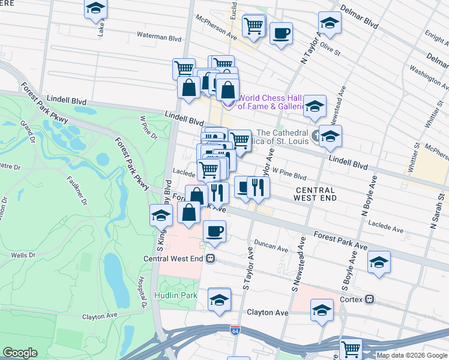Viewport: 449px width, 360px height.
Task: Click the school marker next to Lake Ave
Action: pos(95,9)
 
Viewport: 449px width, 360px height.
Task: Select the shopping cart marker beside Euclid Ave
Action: pos(254,26)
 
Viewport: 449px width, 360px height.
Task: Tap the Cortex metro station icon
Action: pos(371,299)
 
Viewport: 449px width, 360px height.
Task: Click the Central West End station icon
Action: pos(210,259)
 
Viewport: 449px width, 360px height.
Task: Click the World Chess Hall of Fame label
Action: pos(273,102)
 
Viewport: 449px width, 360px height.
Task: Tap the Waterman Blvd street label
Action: pos(158,37)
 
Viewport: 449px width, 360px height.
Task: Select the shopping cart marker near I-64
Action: pos(351,348)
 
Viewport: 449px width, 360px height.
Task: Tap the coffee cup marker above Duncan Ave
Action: pos(214,231)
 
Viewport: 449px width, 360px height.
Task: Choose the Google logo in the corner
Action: pos(20,353)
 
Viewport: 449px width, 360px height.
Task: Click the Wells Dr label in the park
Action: pos(23,255)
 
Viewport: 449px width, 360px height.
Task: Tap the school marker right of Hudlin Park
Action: pos(219,299)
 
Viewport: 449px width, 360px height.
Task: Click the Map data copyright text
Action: pos(412,355)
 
